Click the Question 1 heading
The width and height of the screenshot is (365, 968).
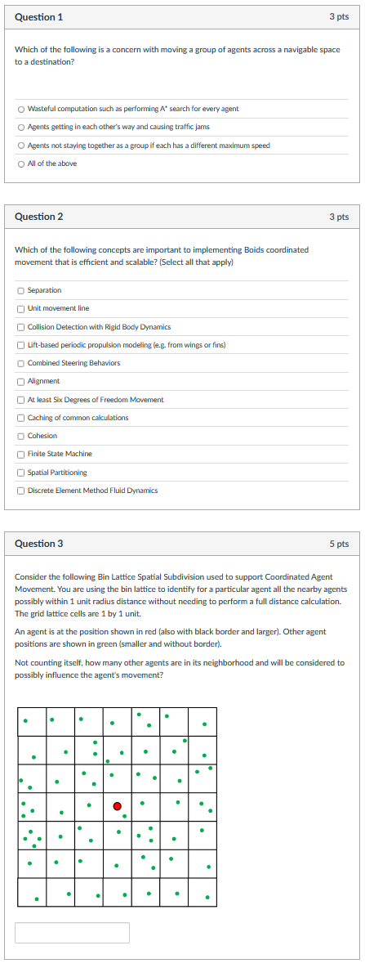pyautogui.click(x=38, y=17)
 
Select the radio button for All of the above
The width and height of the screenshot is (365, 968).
pyautogui.click(x=20, y=164)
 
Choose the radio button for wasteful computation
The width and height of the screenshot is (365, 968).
pyautogui.click(x=20, y=109)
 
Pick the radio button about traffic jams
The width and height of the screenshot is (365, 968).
pyautogui.click(x=20, y=127)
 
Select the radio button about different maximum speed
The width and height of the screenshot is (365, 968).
pyautogui.click(x=20, y=146)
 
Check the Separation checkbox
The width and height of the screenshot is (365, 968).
pyautogui.click(x=20, y=290)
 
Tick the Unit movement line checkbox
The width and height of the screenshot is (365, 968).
pyautogui.click(x=20, y=308)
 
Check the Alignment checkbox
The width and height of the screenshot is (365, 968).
pyautogui.click(x=20, y=381)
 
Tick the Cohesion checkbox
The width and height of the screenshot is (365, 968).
pyautogui.click(x=20, y=436)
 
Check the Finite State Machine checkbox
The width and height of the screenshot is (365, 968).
pyautogui.click(x=20, y=454)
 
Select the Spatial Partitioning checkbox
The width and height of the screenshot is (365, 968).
pyautogui.click(x=20, y=473)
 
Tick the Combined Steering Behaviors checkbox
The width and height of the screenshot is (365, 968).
pyautogui.click(x=20, y=363)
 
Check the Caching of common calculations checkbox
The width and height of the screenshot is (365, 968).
pyautogui.click(x=20, y=418)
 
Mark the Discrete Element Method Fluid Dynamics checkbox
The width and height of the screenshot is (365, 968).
pyautogui.click(x=20, y=491)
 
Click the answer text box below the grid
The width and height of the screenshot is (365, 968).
pyautogui.click(x=72, y=933)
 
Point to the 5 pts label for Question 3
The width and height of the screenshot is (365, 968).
pyautogui.click(x=339, y=544)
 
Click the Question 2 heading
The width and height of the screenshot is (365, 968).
pyautogui.click(x=38, y=217)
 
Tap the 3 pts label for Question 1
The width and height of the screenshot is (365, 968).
pyautogui.click(x=339, y=17)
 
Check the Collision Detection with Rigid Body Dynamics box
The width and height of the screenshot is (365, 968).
pyautogui.click(x=20, y=326)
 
